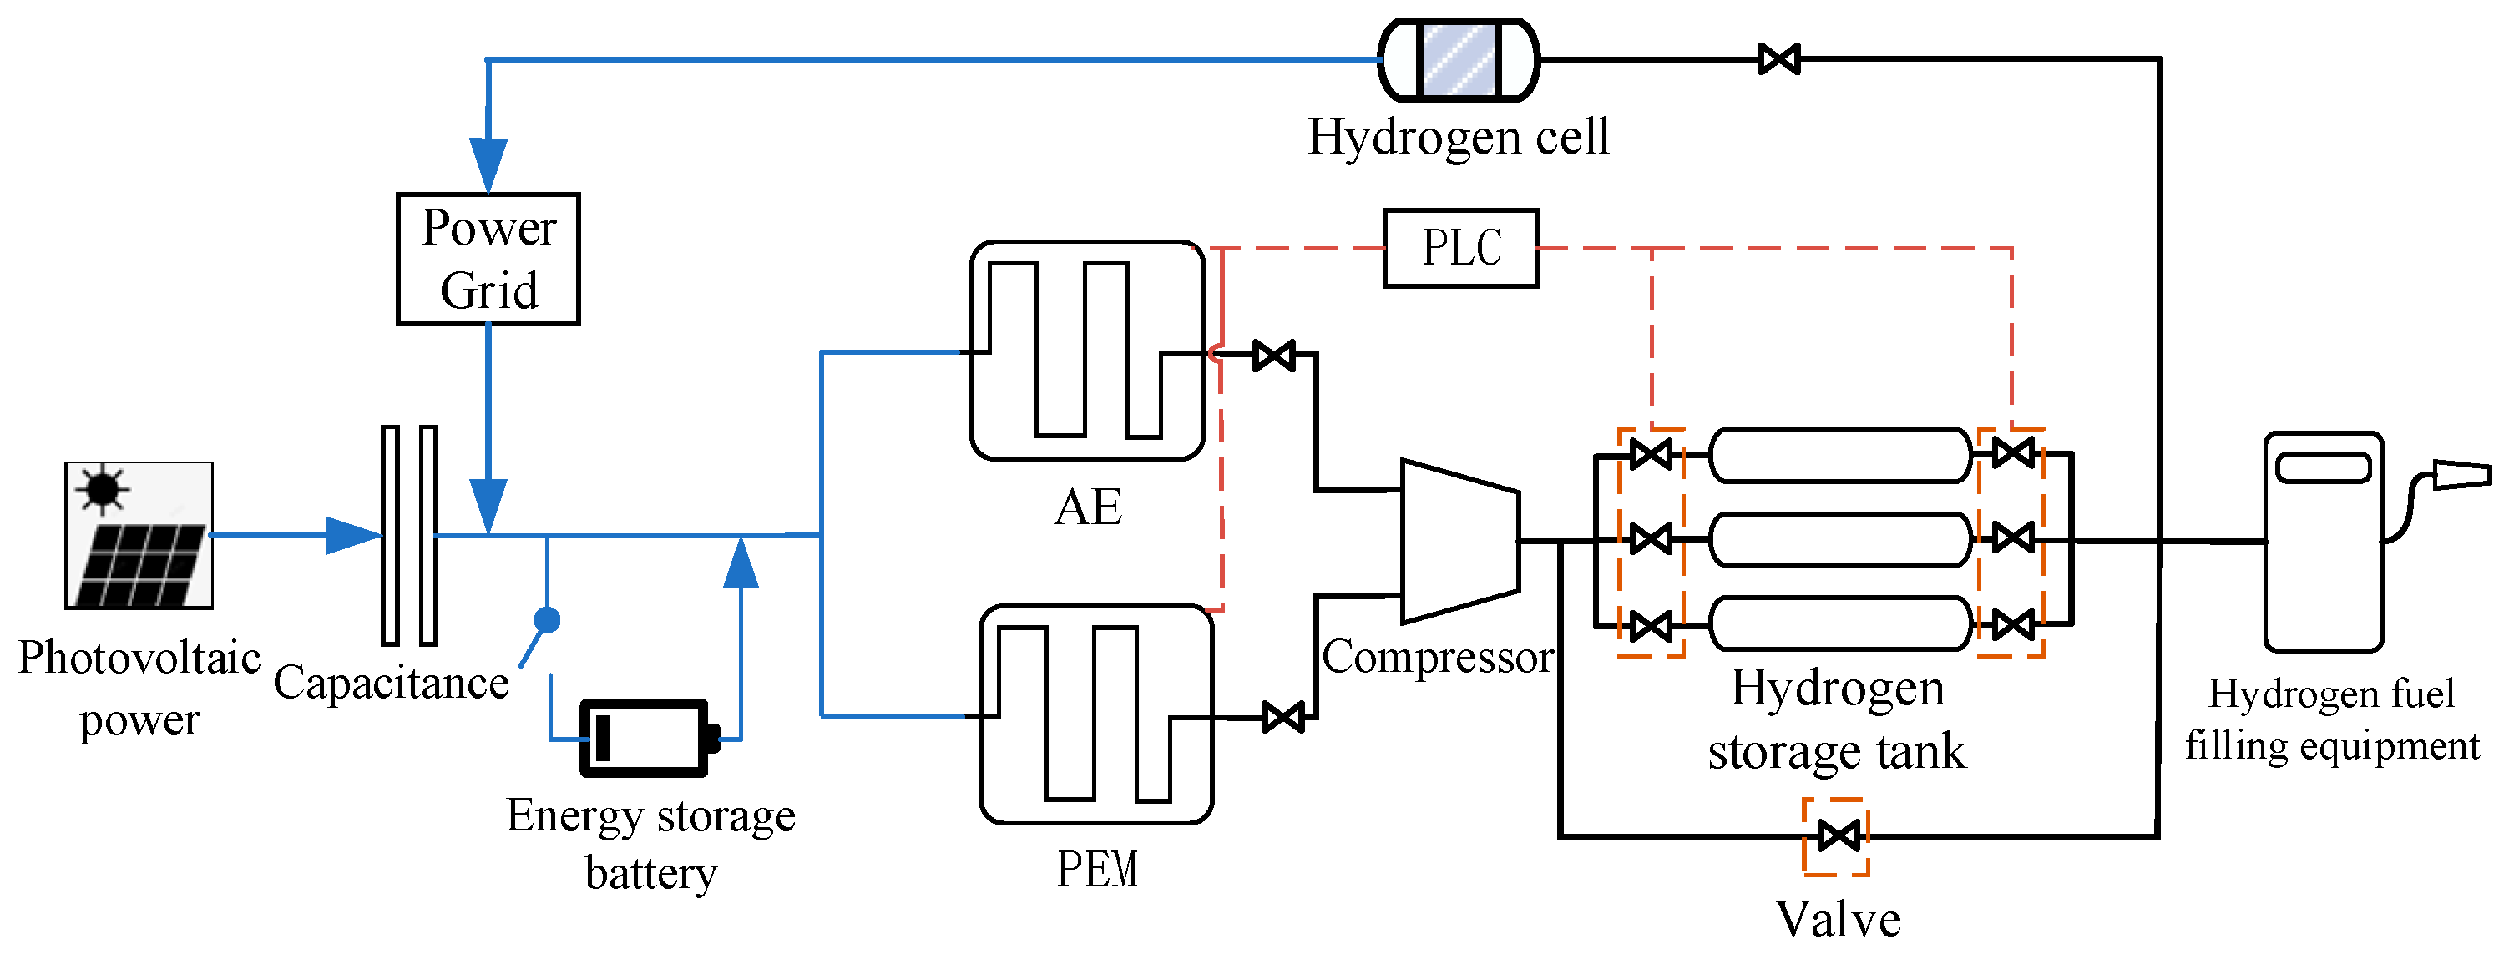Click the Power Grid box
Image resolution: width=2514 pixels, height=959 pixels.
(x=488, y=259)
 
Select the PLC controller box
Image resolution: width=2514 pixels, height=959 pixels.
(x=1460, y=248)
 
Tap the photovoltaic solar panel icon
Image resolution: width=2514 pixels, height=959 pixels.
(x=139, y=536)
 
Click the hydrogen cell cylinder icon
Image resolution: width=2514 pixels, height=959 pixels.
(x=1458, y=59)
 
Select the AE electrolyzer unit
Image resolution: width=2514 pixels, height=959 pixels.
(x=1087, y=351)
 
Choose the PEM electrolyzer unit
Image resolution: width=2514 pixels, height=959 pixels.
(x=1096, y=714)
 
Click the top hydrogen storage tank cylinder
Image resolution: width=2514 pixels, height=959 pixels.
(x=1839, y=455)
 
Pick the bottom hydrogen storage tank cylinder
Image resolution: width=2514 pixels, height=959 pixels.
(x=1839, y=624)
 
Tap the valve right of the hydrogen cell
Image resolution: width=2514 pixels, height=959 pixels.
(x=1778, y=59)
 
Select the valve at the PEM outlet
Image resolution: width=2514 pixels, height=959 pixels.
(x=1282, y=718)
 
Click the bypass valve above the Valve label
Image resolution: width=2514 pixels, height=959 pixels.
(x=1838, y=836)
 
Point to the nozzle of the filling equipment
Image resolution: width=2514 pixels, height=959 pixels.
(x=2461, y=475)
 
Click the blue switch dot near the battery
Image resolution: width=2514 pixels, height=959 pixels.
(x=548, y=619)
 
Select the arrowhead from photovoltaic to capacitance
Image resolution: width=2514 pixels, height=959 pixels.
(x=352, y=536)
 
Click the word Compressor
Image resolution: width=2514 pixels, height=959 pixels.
(x=1437, y=657)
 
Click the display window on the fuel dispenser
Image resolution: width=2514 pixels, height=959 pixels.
(x=2323, y=468)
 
